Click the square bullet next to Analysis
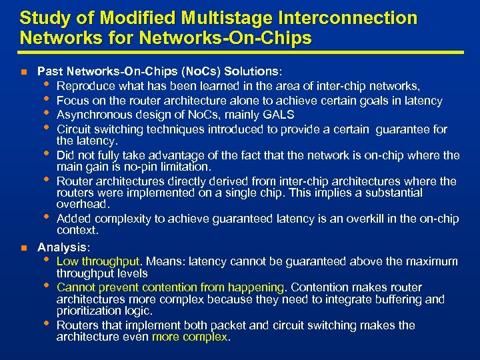pos(24,247)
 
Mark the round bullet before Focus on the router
pos(46,99)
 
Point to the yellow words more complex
pos(190,337)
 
